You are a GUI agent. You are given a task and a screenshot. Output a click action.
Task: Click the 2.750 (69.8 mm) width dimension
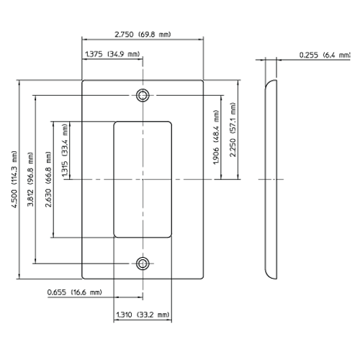pos(143,34)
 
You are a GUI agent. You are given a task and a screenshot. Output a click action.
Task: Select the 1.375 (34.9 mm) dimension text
pos(112,54)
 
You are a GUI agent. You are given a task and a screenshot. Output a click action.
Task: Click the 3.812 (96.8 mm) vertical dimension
pos(30,179)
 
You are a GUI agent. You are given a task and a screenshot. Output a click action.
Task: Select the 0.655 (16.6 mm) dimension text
pos(74,293)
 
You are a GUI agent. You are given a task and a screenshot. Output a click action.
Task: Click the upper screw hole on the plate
pos(143,95)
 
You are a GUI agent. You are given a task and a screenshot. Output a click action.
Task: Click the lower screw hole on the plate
pos(143,263)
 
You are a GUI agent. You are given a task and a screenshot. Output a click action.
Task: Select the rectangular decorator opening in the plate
pos(143,179)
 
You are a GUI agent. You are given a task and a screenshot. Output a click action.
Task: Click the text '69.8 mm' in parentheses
pos(159,34)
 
